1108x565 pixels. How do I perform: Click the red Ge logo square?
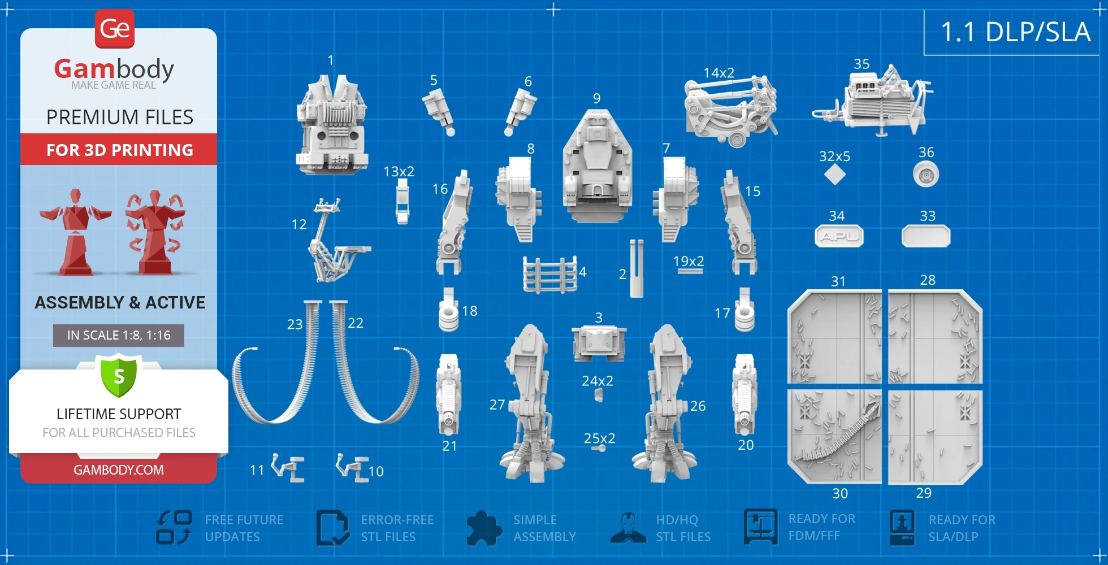click(x=115, y=28)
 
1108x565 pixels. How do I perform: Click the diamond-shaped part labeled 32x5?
click(x=835, y=175)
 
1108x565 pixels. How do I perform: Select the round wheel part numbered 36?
click(x=926, y=174)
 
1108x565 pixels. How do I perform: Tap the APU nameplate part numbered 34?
click(x=839, y=236)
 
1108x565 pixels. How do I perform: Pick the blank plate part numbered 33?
click(x=926, y=236)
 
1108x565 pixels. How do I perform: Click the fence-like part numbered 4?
click(x=550, y=275)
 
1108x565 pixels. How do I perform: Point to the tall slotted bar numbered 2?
click(x=637, y=268)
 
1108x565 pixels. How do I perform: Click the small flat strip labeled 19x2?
click(x=690, y=271)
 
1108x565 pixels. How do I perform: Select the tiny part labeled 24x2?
click(x=599, y=394)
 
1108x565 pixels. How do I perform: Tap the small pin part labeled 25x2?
click(x=599, y=448)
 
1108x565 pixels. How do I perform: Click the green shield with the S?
click(x=119, y=375)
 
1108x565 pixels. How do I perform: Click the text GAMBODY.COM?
click(x=119, y=470)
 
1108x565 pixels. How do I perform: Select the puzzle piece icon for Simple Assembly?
click(x=484, y=528)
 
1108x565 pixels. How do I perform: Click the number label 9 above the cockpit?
click(x=597, y=98)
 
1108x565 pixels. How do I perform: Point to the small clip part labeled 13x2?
click(x=402, y=202)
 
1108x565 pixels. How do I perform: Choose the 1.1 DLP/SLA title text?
click(x=1015, y=32)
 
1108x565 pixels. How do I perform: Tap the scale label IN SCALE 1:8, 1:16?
click(x=119, y=335)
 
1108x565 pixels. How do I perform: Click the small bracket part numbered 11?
click(x=288, y=468)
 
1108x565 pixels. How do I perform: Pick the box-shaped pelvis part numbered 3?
click(x=599, y=343)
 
